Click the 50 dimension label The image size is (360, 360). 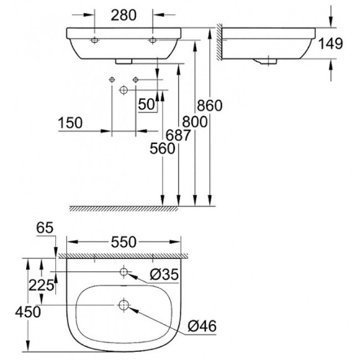tap(146, 104)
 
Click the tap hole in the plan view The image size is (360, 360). tap(124, 271)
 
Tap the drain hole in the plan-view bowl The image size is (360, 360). tap(123, 305)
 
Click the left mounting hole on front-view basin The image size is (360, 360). tap(95, 40)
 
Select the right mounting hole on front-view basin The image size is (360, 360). tap(152, 40)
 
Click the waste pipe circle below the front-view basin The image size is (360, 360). tap(124, 91)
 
